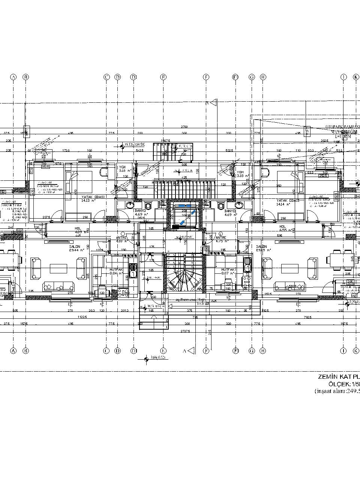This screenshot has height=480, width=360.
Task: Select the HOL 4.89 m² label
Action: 78,230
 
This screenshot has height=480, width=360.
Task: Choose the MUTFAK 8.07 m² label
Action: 228,271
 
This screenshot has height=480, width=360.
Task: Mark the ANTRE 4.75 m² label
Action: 221,239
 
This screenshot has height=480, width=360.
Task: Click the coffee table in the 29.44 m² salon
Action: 58,268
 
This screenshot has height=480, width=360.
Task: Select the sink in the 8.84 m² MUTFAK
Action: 133,269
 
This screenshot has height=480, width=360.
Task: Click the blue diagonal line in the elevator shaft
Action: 187,218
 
